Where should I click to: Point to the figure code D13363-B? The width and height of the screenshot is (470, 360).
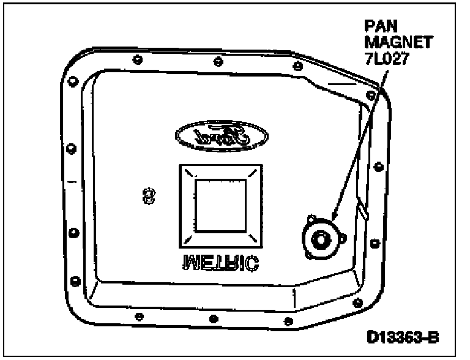(x=403, y=337)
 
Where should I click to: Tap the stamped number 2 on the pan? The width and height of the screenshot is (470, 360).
(x=148, y=197)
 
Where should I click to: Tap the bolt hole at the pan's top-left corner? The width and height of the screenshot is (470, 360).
(x=73, y=80)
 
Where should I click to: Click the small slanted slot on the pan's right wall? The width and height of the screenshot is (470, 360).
(x=364, y=211)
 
